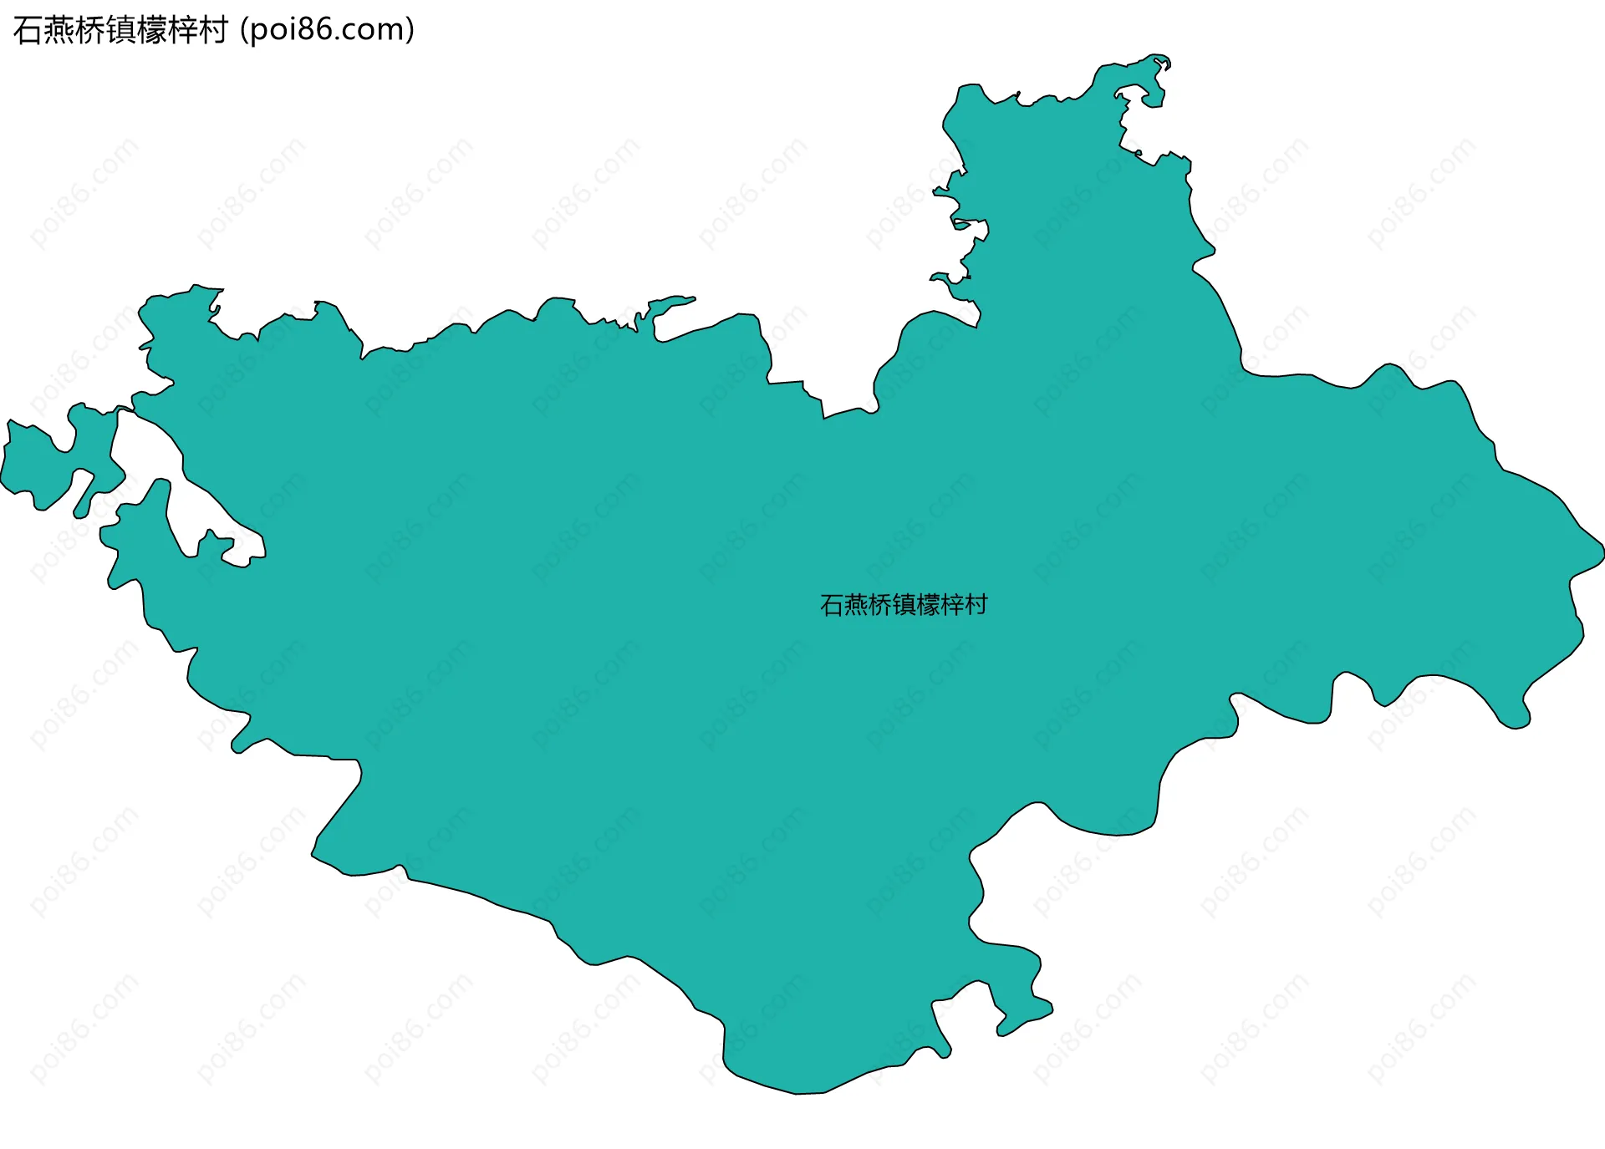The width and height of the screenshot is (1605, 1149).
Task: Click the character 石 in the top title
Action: [x=28, y=31]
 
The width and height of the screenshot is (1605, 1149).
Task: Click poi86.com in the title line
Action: [x=327, y=31]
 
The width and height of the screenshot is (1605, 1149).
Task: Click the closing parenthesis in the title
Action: [x=410, y=31]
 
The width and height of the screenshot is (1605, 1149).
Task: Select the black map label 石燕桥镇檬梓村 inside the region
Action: [x=904, y=604]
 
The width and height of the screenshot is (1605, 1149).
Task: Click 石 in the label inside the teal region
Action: [x=832, y=604]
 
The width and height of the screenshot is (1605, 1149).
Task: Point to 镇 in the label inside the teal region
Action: [x=904, y=604]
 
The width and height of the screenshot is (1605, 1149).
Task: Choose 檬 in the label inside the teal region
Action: [x=928, y=604]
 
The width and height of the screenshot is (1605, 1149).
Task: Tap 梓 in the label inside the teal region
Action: [x=952, y=604]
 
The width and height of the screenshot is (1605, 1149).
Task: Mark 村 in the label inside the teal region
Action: [x=976, y=604]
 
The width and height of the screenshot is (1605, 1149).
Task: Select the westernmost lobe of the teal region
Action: [x=33, y=464]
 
